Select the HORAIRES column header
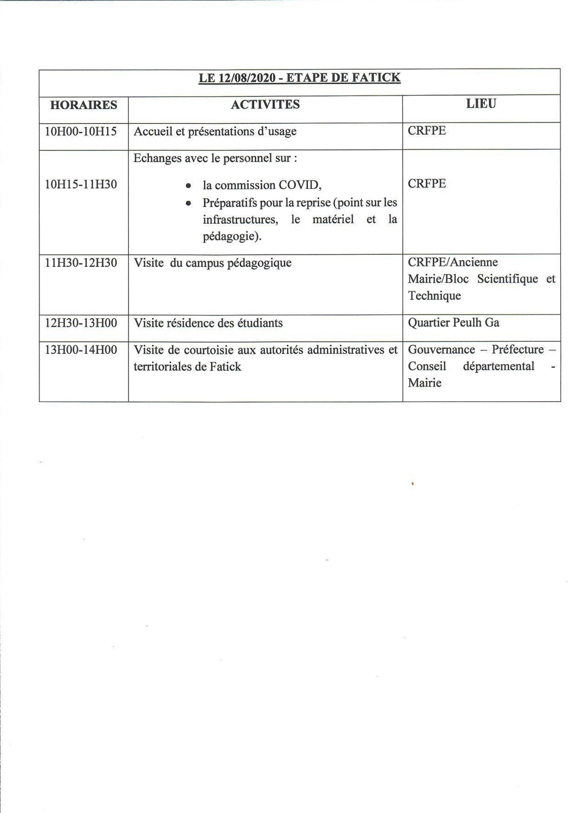[84, 105]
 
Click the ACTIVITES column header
[265, 104]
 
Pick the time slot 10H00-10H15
[81, 132]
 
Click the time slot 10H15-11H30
[81, 185]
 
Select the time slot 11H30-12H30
[81, 263]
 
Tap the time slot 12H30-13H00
[81, 323]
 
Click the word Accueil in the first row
[153, 132]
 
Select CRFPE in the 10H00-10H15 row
[427, 131]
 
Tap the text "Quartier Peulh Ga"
[454, 323]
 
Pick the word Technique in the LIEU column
[434, 296]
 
